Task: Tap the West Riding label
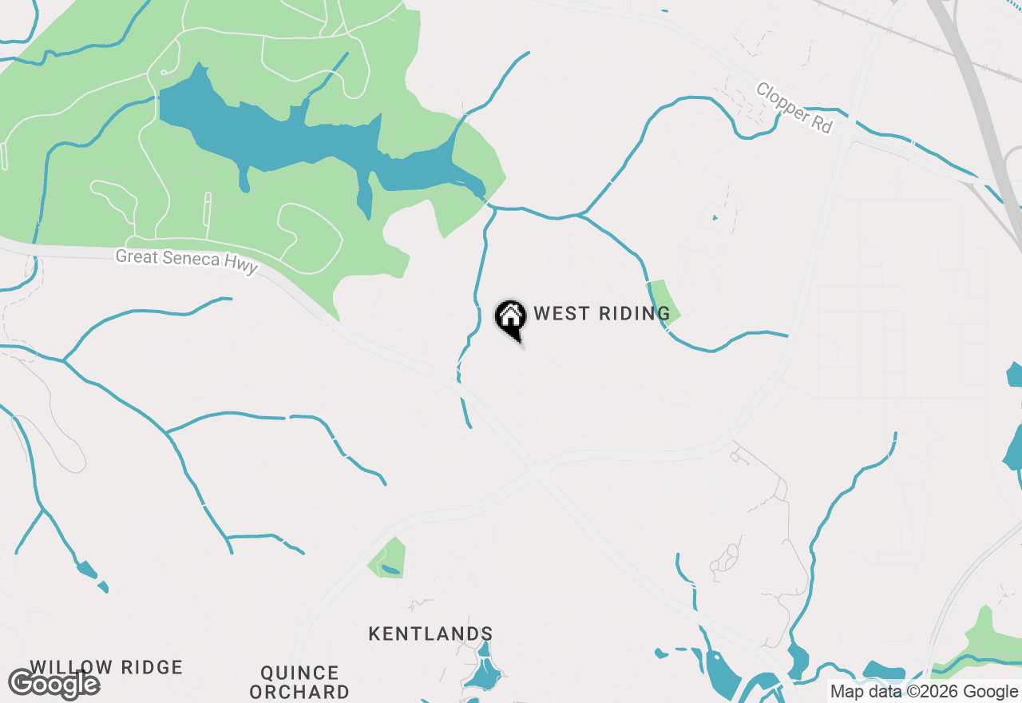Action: (x=602, y=313)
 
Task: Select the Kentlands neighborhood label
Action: (x=430, y=634)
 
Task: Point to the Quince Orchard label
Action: (x=299, y=682)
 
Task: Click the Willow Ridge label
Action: (x=107, y=667)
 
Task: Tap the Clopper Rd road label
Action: (x=794, y=108)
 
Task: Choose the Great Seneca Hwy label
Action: (x=187, y=261)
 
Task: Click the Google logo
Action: (x=54, y=685)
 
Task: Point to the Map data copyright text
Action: (x=924, y=692)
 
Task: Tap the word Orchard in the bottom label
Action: (x=299, y=692)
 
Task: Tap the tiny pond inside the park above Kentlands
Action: (x=390, y=570)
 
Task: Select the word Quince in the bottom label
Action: (x=299, y=673)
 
